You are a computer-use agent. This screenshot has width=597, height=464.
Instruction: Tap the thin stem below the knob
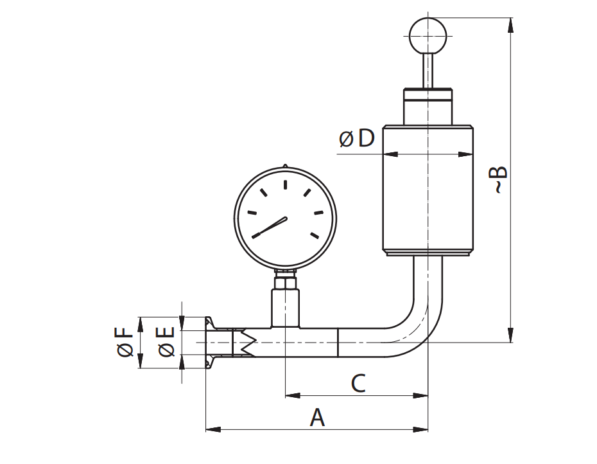point(428,70)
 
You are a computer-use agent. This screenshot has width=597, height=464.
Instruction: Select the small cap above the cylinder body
point(428,106)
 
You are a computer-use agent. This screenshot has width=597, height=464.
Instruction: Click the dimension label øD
point(356,138)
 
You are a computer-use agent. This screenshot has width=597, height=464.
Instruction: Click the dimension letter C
point(358,384)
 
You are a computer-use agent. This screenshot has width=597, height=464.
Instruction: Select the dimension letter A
point(317,418)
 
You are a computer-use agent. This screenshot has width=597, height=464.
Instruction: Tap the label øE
point(166,341)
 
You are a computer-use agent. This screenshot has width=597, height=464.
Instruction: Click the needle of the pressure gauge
point(270,227)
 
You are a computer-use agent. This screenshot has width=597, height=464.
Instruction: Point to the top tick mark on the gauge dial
point(285,185)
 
